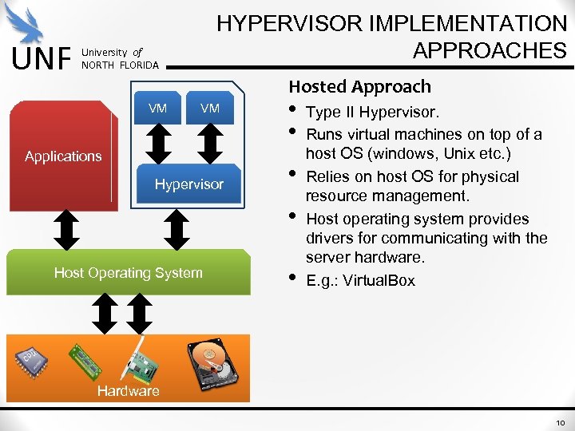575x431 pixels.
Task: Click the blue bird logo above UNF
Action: pos(30,24)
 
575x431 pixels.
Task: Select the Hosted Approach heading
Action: pos(359,86)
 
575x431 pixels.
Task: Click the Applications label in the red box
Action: pos(63,156)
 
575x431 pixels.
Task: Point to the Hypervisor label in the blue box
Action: pos(188,184)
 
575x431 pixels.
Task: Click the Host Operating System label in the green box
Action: pos(128,273)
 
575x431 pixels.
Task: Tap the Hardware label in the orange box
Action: pos(128,390)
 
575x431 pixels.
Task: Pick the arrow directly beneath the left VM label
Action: pos(160,142)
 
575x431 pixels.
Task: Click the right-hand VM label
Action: pos(210,109)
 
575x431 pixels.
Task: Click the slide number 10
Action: pos(560,421)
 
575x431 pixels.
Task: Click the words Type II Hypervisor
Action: pos(372,113)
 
